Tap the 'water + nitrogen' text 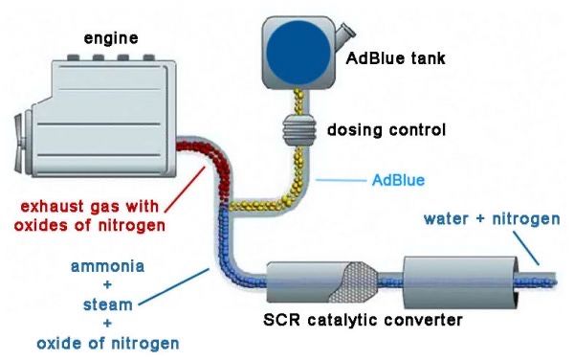click(492, 219)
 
